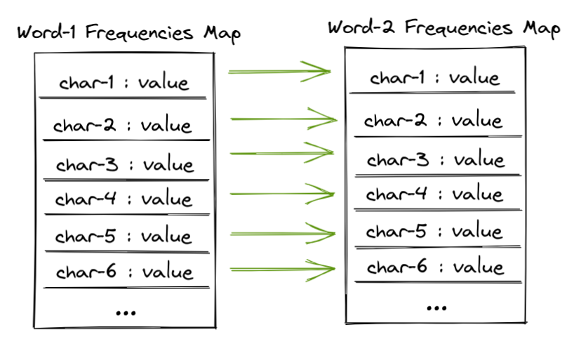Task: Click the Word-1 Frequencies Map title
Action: pos(128,34)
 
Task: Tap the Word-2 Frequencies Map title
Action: pos(443,29)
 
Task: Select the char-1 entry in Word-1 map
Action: pos(124,83)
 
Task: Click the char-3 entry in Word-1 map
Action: pos(124,165)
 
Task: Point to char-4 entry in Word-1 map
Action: pos(123,199)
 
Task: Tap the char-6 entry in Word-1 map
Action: pos(124,272)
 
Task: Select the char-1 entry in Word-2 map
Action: pos(434,77)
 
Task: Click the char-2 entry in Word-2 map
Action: pos(433,121)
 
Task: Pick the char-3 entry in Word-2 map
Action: pos(435,160)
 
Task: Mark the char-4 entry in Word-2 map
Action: pos(434,194)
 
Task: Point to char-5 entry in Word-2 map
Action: pos(434,231)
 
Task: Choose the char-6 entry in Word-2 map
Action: pos(435,267)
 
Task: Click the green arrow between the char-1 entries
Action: pos(279,70)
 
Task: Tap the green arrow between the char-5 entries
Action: pos(283,233)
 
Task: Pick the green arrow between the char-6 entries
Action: pos(283,268)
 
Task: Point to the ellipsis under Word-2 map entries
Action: pos(436,307)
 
